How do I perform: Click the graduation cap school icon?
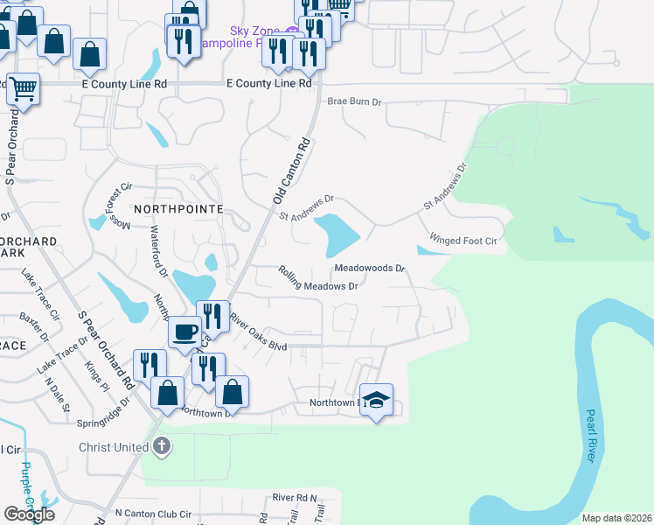(x=376, y=400)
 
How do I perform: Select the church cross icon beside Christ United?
(x=161, y=447)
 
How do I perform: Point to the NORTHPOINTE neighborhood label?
(x=178, y=209)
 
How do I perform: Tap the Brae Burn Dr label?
(x=355, y=101)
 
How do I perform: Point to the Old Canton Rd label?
(x=292, y=171)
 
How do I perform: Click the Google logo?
(x=29, y=514)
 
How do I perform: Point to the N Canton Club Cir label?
(x=153, y=515)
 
